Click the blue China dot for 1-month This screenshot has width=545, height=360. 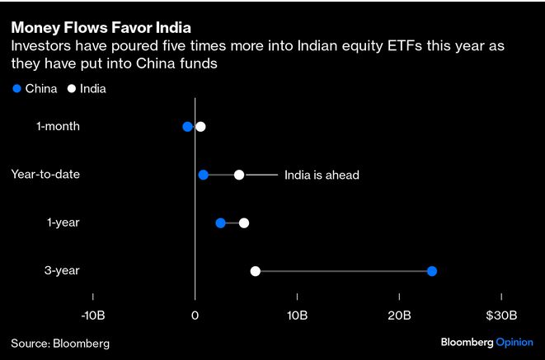point(187,127)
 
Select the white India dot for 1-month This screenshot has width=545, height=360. point(200,127)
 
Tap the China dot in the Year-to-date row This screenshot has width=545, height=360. point(204,175)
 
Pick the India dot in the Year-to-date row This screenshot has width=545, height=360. point(239,175)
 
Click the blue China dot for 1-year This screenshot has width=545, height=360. point(220,223)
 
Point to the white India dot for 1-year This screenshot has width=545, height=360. point(243,223)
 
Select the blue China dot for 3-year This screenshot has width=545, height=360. point(432,271)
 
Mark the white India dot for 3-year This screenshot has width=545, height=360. point(256,271)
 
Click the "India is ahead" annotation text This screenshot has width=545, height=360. point(322,175)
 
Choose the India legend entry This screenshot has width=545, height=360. point(87,88)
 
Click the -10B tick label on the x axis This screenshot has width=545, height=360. point(93,316)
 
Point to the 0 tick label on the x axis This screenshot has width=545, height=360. point(195,316)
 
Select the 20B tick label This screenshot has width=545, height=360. point(399,316)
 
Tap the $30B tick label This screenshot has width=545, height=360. point(500,316)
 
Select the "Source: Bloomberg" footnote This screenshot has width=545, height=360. point(60,343)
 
